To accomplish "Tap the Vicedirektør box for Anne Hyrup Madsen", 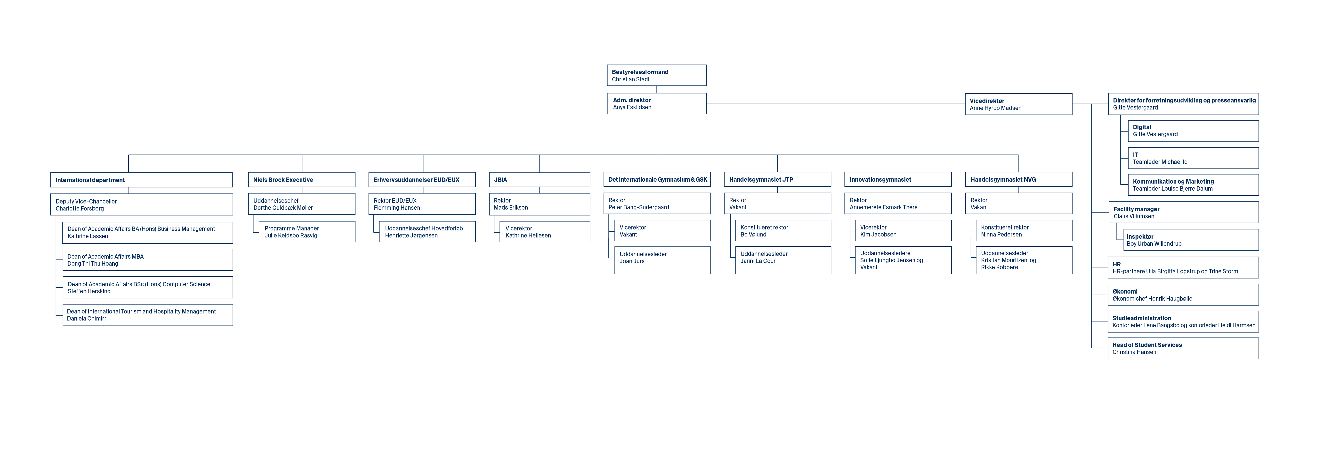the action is (x=1018, y=104).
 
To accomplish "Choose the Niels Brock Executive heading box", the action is (x=301, y=179).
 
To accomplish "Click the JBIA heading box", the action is (x=539, y=179).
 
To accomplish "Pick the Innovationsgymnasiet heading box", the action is (x=898, y=179).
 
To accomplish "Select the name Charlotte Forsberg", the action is (x=80, y=209).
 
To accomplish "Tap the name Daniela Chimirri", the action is (x=87, y=319).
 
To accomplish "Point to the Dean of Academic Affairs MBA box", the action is (x=147, y=260).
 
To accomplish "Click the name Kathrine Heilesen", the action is (x=528, y=236).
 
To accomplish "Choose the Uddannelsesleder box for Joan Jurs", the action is (x=662, y=260).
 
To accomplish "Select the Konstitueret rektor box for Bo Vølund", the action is (x=783, y=230).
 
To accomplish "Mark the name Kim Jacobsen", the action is (x=878, y=234).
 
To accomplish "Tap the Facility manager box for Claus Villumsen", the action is (x=1183, y=212).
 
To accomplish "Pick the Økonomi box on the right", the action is (x=1183, y=295).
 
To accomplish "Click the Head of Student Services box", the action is (x=1183, y=348).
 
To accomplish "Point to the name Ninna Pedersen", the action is (x=1001, y=234).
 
